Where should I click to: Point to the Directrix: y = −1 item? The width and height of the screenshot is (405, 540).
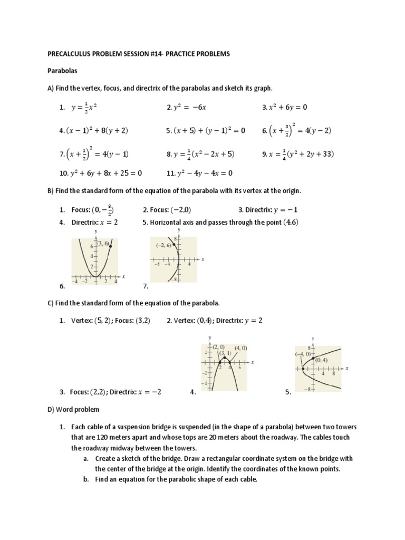coord(276,209)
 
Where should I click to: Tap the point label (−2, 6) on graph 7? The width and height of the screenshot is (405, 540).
coord(164,245)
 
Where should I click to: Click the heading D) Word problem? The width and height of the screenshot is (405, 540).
coord(73,409)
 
